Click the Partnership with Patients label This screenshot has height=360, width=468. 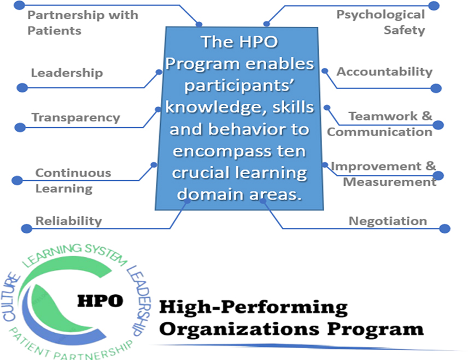(83, 22)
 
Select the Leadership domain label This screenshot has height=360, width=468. (67, 73)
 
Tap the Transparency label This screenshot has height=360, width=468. (76, 117)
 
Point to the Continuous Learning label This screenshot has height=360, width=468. (73, 181)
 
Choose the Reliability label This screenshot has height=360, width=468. (69, 221)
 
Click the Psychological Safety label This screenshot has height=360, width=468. (381, 22)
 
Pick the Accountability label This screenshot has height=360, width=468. (384, 72)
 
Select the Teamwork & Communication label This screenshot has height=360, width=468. (379, 124)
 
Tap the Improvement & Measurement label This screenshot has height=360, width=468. (384, 174)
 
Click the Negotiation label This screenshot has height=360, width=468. (388, 221)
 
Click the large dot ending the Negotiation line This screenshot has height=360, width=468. (444, 229)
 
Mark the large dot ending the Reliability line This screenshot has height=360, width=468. (27, 229)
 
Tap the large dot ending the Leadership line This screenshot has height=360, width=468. (22, 88)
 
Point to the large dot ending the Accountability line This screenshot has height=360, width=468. (436, 88)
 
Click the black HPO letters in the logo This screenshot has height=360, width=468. (100, 300)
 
